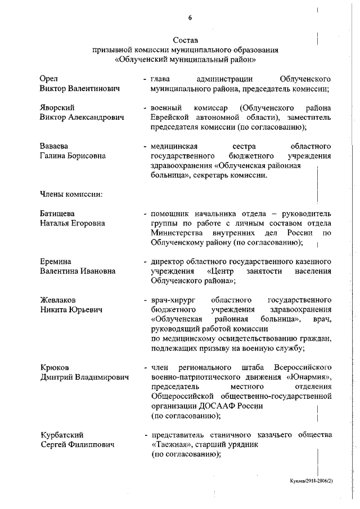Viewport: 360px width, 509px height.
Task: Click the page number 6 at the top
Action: pos(190,17)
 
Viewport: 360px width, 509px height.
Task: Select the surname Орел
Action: pos(49,78)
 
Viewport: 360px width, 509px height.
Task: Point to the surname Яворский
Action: pos(58,107)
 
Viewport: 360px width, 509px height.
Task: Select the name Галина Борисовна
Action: pos(73,156)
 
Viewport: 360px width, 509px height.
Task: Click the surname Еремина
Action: pos(55,262)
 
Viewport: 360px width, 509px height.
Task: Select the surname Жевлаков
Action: pos(58,300)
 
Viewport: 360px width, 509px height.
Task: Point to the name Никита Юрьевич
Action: pos(71,310)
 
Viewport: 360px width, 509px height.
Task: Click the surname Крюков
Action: pos(54,367)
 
